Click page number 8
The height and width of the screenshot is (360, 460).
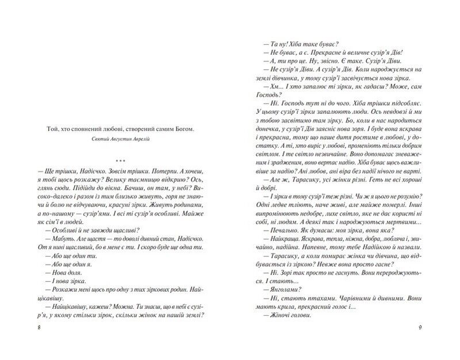22,327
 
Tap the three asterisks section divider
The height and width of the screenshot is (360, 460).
121,161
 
